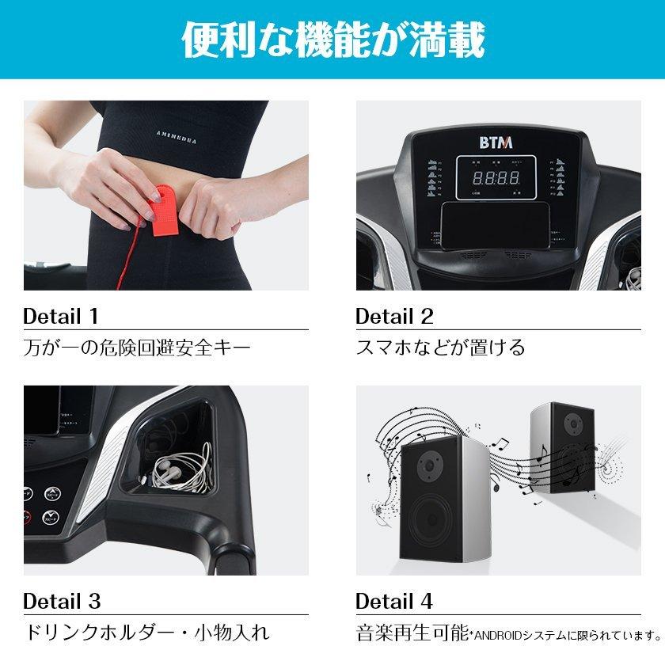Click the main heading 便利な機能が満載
pyautogui.click(x=332, y=40)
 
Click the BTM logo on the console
pyautogui.click(x=497, y=142)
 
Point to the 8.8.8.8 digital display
pyautogui.click(x=497, y=178)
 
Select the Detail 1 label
pyautogui.click(x=61, y=317)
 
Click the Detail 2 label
pyautogui.click(x=394, y=317)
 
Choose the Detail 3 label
pyautogui.click(x=62, y=601)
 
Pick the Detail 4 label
pyautogui.click(x=394, y=601)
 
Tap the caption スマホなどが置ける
pyautogui.click(x=440, y=347)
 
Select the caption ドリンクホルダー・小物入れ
pyautogui.click(x=146, y=633)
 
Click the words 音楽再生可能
pyautogui.click(x=403, y=633)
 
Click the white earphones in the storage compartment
pyautogui.click(x=178, y=471)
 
